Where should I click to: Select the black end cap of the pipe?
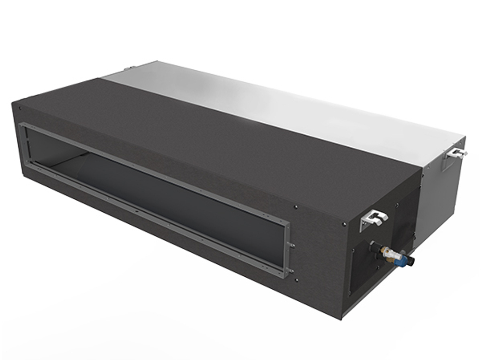click(x=411, y=263)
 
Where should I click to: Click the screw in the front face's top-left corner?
click(x=20, y=108)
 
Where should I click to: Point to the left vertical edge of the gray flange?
click(x=23, y=144)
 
